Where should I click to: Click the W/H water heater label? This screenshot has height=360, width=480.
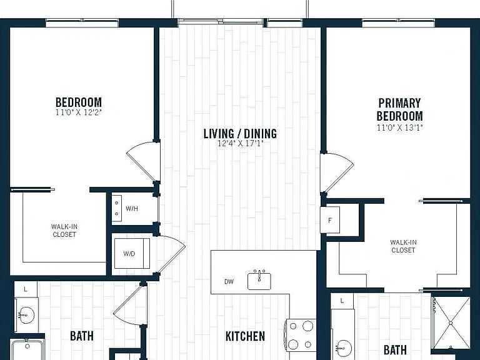132,209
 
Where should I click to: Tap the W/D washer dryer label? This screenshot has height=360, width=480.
129,254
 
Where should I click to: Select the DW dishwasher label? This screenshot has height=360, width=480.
229,282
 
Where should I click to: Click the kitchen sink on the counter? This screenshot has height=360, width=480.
259,280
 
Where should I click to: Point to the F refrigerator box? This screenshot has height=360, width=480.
330,220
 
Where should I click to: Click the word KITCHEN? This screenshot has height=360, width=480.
245,336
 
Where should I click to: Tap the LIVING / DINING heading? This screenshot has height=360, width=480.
240,134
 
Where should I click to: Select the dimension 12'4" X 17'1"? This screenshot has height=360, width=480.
240,143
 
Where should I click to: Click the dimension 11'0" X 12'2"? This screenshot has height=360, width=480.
78,112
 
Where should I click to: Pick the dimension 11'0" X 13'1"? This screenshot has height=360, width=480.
399,127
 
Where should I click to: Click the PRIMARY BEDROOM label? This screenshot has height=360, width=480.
399,109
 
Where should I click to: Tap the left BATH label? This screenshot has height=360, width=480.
82,336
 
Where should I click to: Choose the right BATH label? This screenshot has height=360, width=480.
395,349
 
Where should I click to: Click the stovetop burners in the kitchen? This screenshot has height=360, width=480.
301,335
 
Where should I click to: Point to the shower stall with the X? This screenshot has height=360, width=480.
451,322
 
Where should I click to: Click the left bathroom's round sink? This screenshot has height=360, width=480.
26,315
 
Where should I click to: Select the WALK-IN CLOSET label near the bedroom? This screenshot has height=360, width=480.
64,231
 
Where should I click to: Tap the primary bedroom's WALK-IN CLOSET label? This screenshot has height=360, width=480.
404,246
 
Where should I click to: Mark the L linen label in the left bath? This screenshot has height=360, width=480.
26,289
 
